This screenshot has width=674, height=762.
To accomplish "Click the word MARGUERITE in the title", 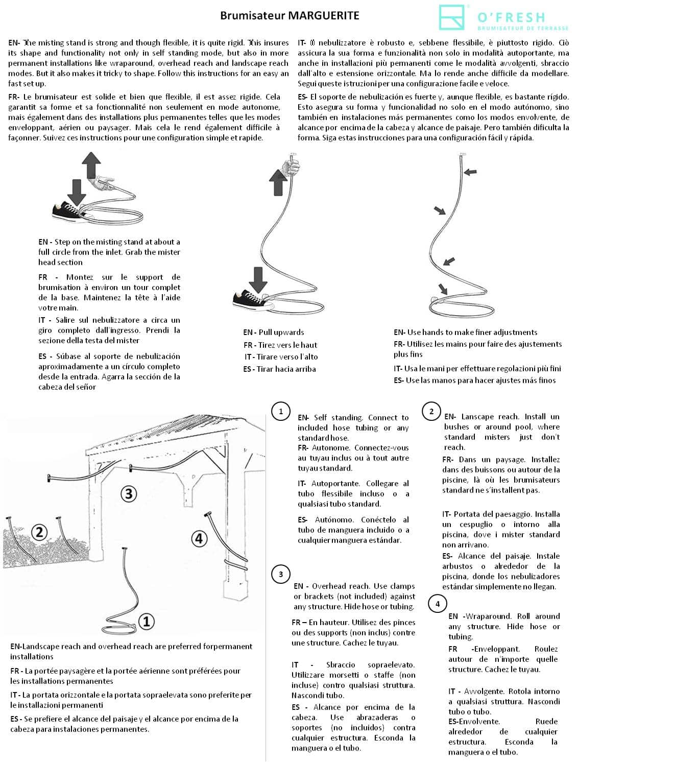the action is point(323,15).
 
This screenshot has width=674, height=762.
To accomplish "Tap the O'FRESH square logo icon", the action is point(452,17).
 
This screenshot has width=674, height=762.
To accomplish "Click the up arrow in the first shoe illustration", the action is point(91,165).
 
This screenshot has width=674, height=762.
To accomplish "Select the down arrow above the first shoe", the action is point(77,192).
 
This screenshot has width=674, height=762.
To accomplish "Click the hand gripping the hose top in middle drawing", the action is point(292,167).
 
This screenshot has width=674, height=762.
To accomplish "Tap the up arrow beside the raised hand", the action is point(278,182).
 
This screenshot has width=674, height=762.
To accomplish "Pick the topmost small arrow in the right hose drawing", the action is point(470,172).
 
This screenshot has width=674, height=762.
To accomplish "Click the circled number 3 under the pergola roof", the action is point(129,493).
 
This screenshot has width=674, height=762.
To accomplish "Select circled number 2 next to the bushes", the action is point(39,532).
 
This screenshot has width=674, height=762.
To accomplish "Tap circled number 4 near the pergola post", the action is point(199,539).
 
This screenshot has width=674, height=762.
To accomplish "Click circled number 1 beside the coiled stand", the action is point(147,622).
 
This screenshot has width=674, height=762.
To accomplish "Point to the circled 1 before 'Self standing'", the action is point(281,412).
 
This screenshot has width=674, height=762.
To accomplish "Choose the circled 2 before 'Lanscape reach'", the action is point(431,412).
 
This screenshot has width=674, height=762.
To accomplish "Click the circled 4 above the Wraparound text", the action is point(438,604).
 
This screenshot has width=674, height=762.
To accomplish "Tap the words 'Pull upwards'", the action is point(281,332).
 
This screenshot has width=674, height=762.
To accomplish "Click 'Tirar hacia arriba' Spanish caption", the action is point(286,369).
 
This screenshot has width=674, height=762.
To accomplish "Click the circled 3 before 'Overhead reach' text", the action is point(281,575).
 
